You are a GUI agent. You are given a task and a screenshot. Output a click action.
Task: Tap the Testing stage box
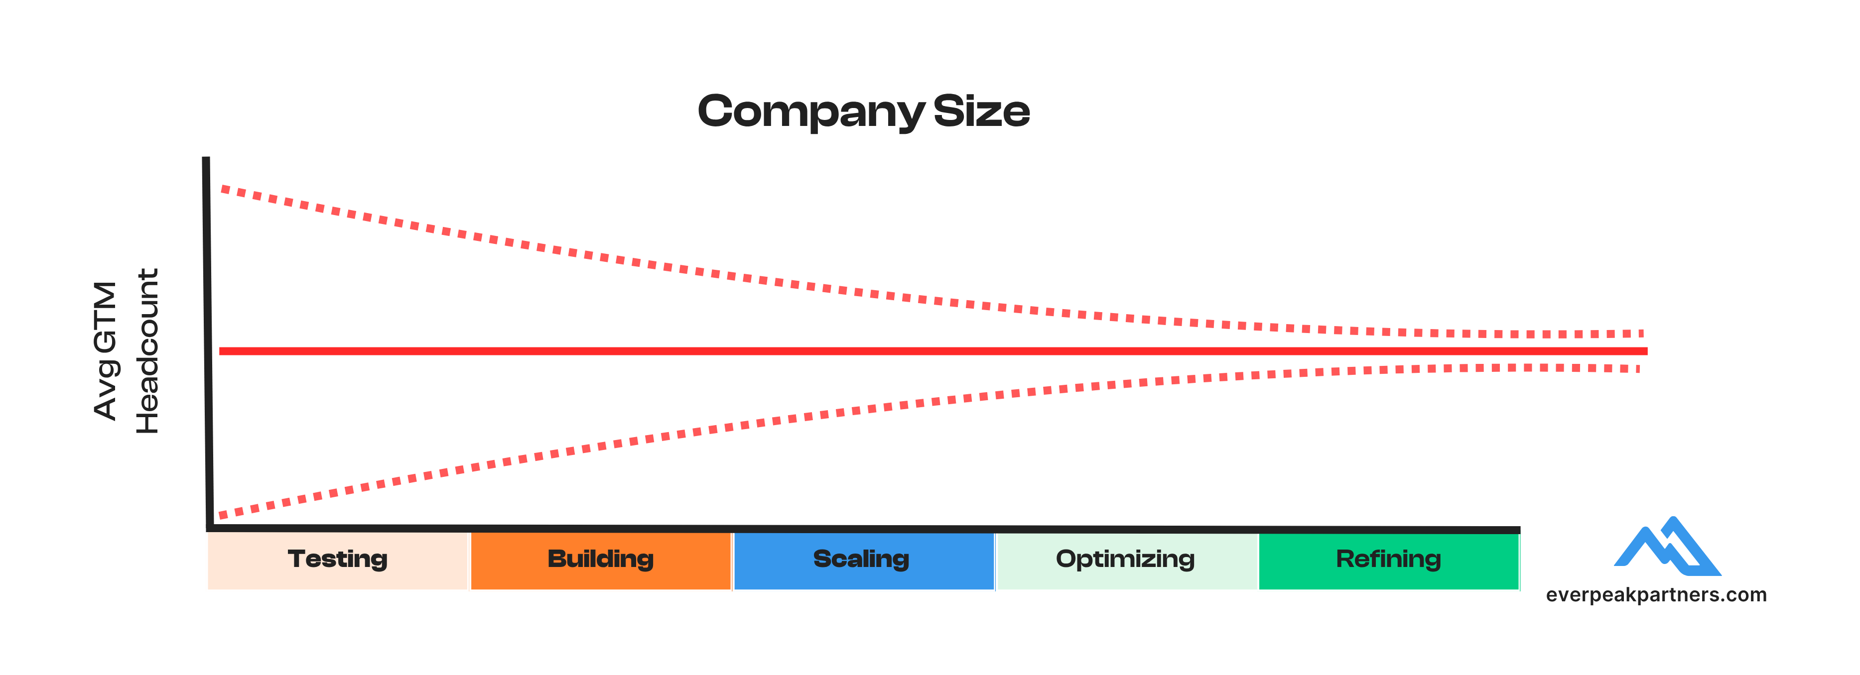tap(338, 560)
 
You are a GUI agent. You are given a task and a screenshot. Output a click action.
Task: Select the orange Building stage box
tap(600, 560)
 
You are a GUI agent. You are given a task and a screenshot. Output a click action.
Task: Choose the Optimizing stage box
tap(1126, 560)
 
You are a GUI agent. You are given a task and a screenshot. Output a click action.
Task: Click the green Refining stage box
tap(1388, 560)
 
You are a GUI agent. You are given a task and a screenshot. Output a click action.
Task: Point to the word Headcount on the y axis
tap(148, 351)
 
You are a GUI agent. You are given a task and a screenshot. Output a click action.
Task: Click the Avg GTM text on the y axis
tap(106, 351)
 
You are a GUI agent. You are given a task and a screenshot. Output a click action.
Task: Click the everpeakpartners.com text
tap(1656, 595)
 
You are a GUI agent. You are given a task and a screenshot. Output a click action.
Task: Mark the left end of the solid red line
tap(221, 351)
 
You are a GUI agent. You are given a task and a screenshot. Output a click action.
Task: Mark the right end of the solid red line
tap(1646, 351)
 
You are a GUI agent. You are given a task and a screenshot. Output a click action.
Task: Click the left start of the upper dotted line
tap(223, 189)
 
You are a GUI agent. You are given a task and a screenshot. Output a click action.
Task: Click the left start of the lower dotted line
tap(221, 515)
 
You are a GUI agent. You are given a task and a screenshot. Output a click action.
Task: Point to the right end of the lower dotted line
tap(1638, 369)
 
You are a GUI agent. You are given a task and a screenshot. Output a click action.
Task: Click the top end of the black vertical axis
tap(206, 159)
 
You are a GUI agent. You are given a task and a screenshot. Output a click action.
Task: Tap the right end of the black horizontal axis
tap(1518, 530)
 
